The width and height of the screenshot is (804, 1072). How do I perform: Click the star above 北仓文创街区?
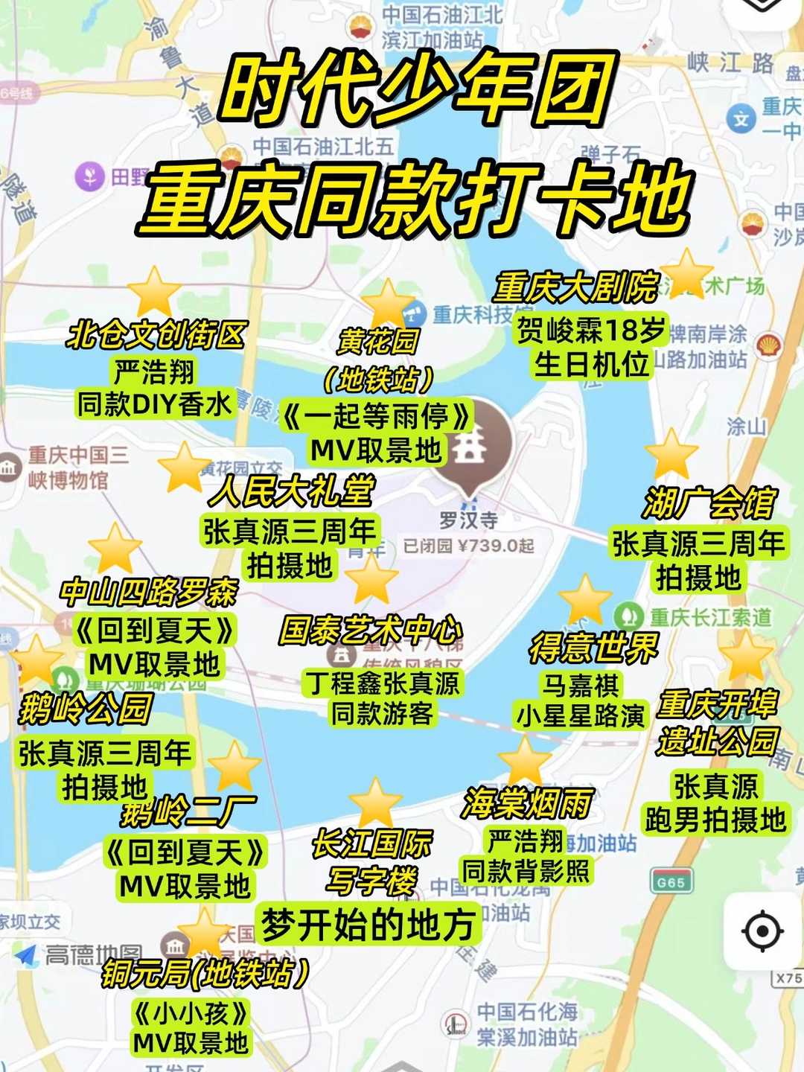point(154,292)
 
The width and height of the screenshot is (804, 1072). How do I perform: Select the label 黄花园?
point(378,342)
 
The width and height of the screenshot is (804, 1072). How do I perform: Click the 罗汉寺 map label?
point(468,520)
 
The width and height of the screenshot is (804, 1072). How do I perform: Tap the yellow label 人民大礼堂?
point(292,491)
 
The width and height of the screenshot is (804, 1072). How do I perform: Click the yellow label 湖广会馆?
point(709,504)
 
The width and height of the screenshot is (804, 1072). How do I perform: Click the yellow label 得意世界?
point(594,648)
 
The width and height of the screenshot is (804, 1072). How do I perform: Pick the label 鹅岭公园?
point(86,708)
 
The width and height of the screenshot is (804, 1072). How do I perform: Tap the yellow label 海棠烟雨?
point(527,803)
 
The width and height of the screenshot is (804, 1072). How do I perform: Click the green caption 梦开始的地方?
point(368,925)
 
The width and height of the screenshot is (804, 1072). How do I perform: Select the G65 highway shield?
point(671,881)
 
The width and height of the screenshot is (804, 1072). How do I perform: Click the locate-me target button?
point(762,931)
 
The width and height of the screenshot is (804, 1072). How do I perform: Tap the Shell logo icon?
point(769,345)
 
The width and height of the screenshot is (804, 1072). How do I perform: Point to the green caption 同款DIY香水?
point(155,404)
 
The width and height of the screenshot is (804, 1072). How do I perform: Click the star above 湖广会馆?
point(671,454)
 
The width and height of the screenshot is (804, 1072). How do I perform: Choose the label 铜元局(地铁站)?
point(205,974)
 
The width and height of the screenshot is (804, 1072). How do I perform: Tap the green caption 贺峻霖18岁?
point(591,330)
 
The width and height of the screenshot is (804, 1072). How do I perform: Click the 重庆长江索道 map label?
point(710,617)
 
